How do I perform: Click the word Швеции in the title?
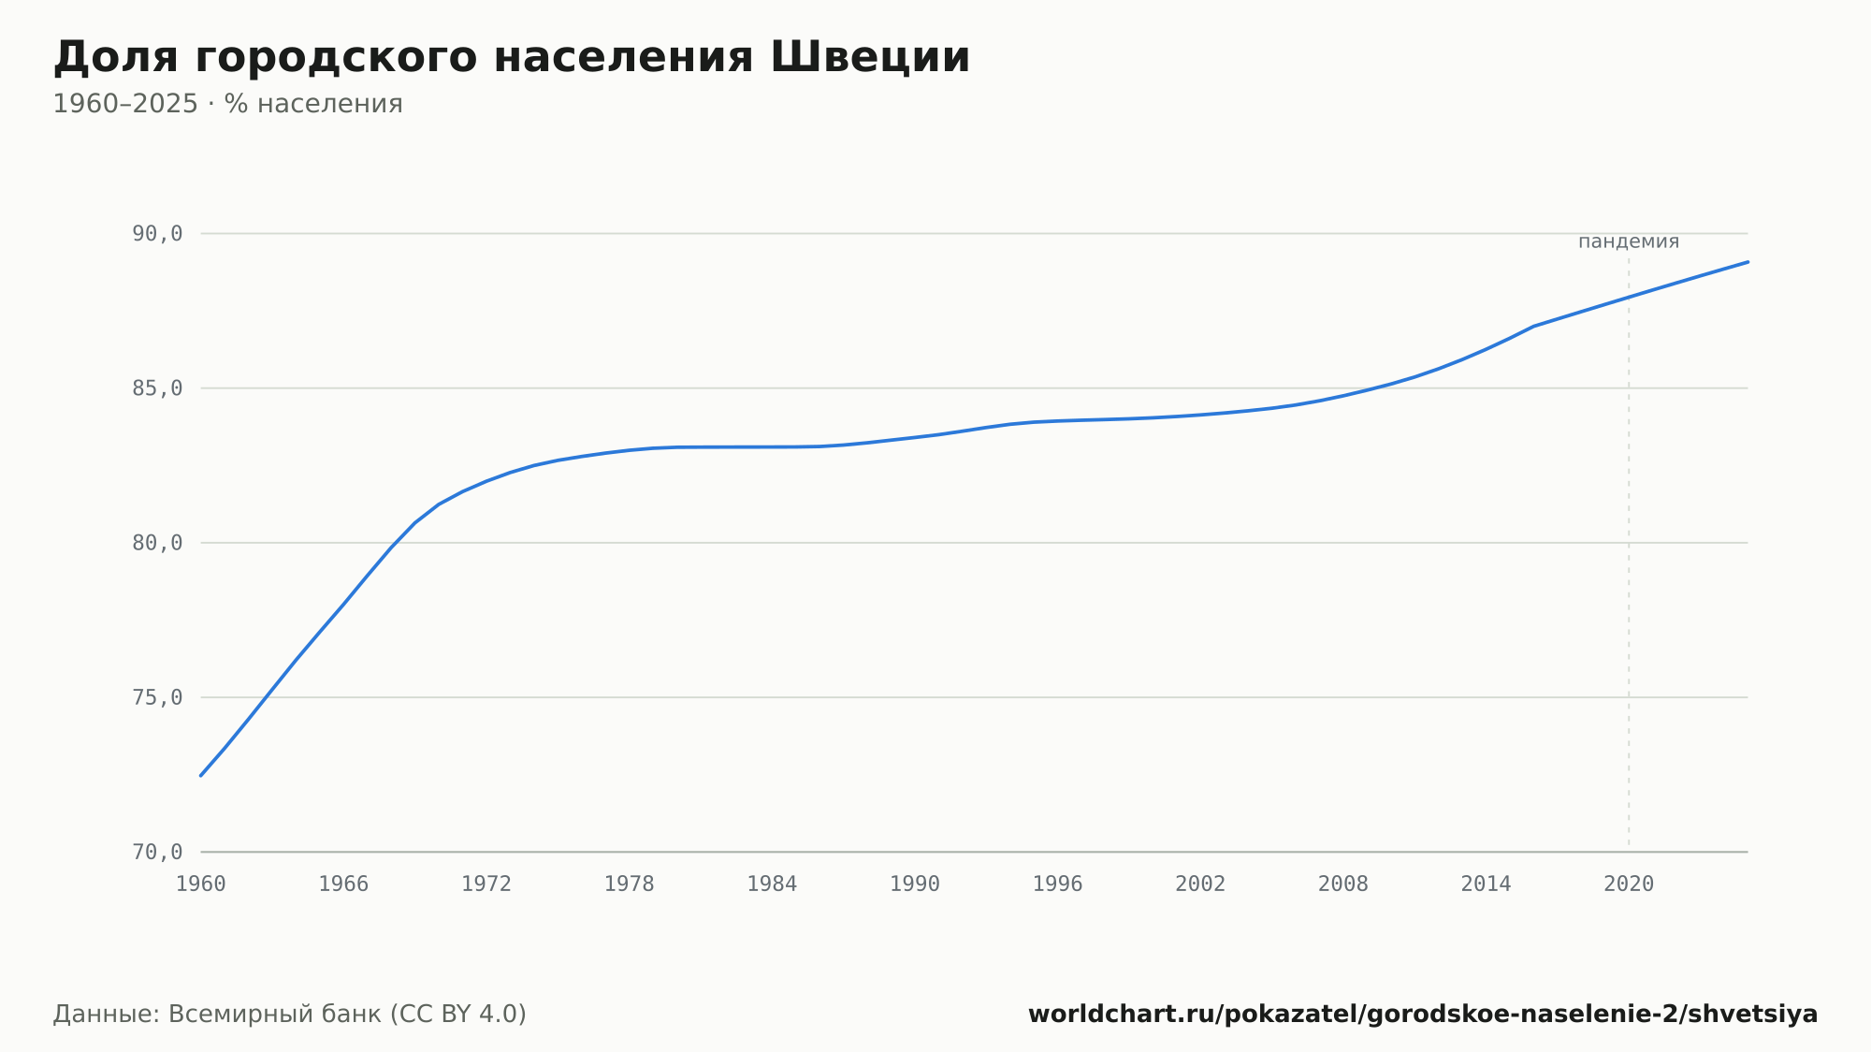(x=870, y=58)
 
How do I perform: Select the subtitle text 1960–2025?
(x=125, y=104)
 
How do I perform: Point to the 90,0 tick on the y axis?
(x=157, y=234)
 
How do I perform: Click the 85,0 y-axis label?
(x=157, y=388)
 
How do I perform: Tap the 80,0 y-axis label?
(x=157, y=543)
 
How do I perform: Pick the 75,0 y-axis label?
(x=157, y=697)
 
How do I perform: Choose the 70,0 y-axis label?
(x=157, y=852)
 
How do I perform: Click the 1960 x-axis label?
(x=201, y=884)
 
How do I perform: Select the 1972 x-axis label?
(x=486, y=884)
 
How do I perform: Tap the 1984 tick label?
(x=772, y=884)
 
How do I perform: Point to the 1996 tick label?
(x=1057, y=884)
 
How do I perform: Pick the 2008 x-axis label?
(x=1343, y=884)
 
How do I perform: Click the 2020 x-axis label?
(x=1629, y=884)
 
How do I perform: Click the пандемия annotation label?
(x=1629, y=241)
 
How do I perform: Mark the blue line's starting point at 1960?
(x=201, y=775)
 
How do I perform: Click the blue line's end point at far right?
(x=1748, y=262)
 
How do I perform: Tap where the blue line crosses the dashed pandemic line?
(x=1629, y=298)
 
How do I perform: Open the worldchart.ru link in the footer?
(x=1423, y=1015)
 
